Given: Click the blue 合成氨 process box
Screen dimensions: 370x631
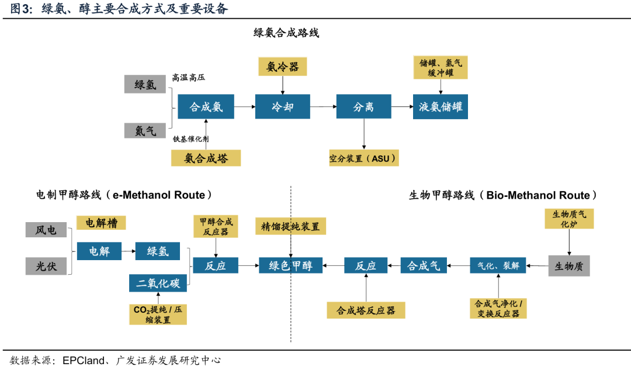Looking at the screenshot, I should (205, 107).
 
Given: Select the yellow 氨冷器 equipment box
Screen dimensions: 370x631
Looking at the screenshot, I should (283, 67).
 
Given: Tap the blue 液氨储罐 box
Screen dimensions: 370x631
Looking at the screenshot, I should (441, 107).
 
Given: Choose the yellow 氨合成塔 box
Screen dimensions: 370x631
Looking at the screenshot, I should (206, 157).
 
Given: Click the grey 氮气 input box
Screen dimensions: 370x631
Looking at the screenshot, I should (145, 130).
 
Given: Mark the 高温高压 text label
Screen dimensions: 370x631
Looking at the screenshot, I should (188, 77).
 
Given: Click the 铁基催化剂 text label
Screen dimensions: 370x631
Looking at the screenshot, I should (190, 139).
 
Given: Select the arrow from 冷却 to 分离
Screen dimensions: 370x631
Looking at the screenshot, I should (323, 107).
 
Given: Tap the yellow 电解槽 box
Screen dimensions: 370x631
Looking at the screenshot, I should (101, 223).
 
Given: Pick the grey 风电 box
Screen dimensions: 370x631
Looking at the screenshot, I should (46, 230).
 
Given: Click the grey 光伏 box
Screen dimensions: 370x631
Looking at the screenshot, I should (46, 266).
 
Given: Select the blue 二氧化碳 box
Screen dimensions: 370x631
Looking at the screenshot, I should (158, 283).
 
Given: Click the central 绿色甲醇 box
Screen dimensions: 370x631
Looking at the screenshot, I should (290, 266).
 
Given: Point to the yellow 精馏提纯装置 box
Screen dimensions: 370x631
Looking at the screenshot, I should (290, 227).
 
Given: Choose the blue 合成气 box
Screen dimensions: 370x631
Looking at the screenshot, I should (423, 266).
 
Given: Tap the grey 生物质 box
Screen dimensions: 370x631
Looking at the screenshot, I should (568, 266).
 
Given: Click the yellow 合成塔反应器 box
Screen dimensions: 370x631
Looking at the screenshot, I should (366, 310).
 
